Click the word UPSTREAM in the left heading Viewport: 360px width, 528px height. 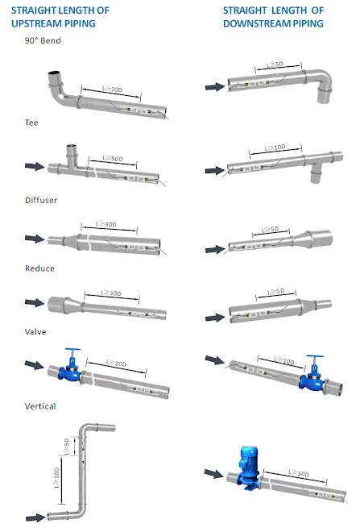pos(53,23)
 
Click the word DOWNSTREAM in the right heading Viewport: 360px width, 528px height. pos(257,23)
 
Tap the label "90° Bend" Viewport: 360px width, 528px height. pos(43,40)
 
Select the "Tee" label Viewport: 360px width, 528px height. pos(31,123)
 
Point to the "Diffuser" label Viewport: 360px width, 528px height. pos(41,200)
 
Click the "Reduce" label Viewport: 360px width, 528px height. pos(39,268)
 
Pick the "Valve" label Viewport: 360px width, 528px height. pos(35,331)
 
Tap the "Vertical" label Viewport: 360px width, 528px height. pos(40,406)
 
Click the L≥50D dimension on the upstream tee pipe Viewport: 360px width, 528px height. pos(113,158)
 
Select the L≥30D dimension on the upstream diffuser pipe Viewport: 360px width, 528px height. pos(106,224)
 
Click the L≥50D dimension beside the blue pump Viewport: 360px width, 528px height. pos(299,473)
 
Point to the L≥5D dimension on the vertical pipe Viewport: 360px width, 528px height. pos(67,447)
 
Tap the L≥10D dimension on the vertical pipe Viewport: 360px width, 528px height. pos(56,478)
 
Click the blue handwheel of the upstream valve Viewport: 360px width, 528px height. pos(72,350)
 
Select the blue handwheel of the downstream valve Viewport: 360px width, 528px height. pos(315,356)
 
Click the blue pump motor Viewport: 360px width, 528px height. pos(249,458)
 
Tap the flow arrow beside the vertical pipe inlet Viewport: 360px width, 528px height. pos(35,518)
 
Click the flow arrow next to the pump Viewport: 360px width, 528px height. pos(214,474)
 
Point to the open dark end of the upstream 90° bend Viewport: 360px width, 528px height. pos(54,73)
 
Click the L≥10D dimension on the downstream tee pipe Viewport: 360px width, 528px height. pos(275,148)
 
